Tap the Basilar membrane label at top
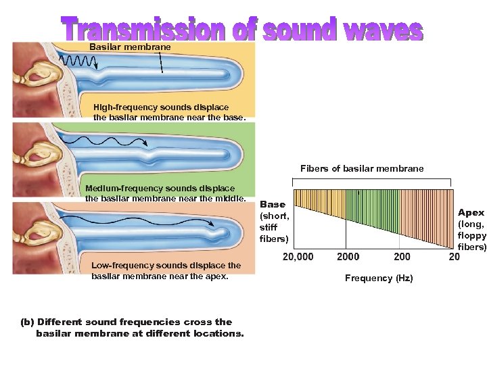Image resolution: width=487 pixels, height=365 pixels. coord(131,47)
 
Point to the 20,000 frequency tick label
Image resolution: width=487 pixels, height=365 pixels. coord(298,257)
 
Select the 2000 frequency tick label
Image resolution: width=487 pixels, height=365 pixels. coord(348,257)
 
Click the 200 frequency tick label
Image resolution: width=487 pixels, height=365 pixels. coord(402,257)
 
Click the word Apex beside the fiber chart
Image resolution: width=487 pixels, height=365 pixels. coord(471,213)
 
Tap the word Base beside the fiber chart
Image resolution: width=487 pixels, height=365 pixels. coord(273,204)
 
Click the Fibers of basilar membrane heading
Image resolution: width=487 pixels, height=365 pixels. coord(362,168)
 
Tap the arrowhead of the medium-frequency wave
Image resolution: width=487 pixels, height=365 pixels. coord(145,142)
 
